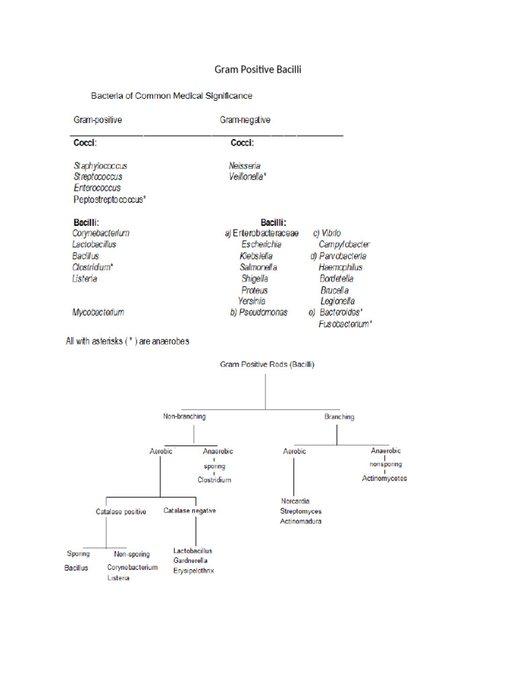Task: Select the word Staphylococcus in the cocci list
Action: [100, 165]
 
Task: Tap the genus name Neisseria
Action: [245, 165]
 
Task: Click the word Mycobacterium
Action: [98, 312]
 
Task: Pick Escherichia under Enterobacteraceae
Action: [261, 245]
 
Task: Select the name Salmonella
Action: [259, 267]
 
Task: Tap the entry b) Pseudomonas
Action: [259, 312]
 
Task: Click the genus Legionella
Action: [337, 301]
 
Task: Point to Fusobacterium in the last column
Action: [345, 324]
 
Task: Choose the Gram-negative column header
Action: [245, 120]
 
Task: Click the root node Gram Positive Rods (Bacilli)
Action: [267, 364]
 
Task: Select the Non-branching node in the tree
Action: [184, 417]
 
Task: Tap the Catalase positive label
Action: [121, 511]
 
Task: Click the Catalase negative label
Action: [189, 511]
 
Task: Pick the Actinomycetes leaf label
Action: [384, 478]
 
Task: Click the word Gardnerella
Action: [190, 560]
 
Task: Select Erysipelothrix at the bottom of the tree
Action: [193, 570]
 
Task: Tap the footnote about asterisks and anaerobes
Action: [127, 341]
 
